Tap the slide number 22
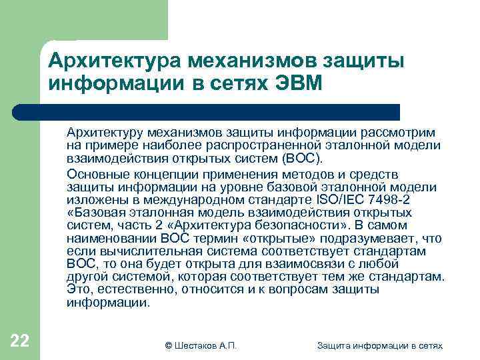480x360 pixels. coord(20,341)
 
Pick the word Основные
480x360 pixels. coord(94,173)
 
